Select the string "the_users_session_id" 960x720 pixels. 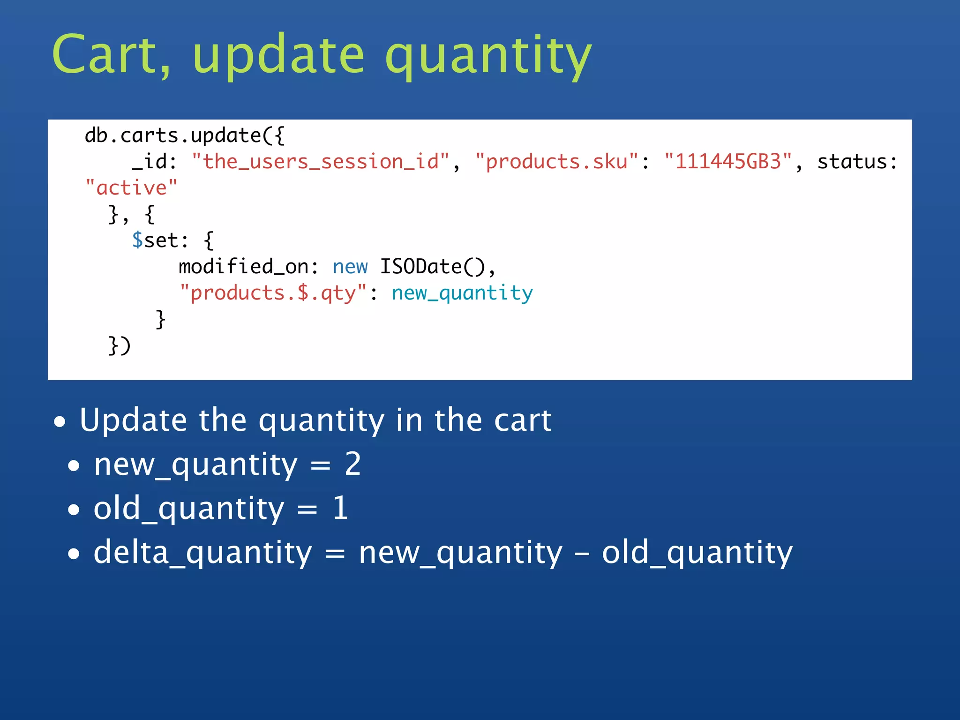(x=321, y=162)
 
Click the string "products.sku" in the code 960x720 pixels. (x=557, y=162)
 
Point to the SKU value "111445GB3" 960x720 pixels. (x=728, y=162)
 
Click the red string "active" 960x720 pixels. (x=131, y=188)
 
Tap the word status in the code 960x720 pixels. (x=852, y=162)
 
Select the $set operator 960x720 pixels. (x=155, y=240)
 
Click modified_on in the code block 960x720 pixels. (x=243, y=267)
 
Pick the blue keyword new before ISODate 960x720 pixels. (x=350, y=267)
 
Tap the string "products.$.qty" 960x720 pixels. (x=273, y=293)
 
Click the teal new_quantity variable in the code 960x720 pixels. (x=462, y=293)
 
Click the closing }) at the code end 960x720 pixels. (x=119, y=346)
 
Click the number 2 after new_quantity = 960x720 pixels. (x=352, y=465)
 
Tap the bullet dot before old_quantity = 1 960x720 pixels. (x=74, y=510)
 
